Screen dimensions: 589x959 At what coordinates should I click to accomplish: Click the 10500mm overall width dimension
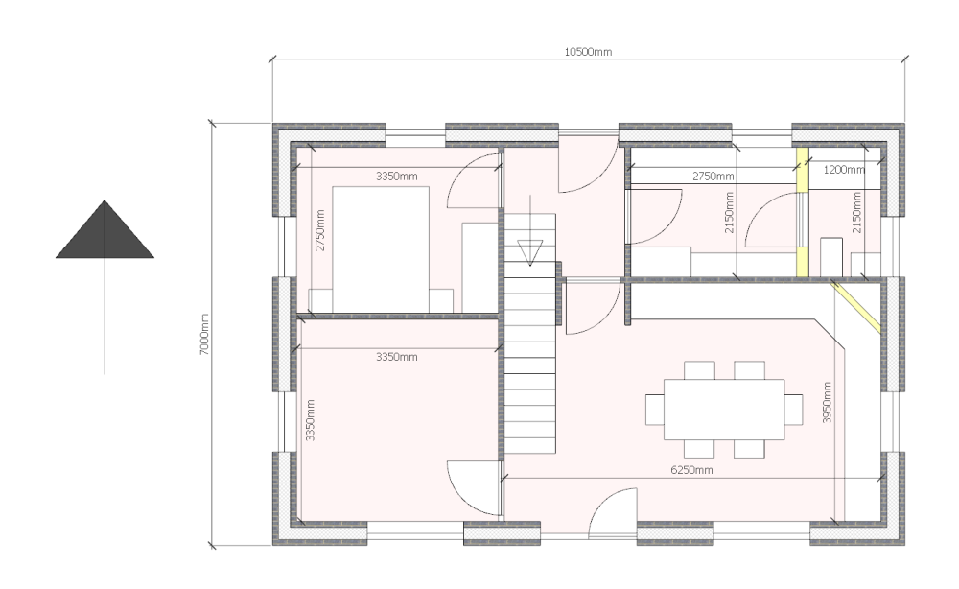pyautogui.click(x=588, y=52)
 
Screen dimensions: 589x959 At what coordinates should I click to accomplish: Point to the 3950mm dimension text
pyautogui.click(x=827, y=403)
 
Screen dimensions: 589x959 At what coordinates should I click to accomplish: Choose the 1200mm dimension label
pyautogui.click(x=844, y=170)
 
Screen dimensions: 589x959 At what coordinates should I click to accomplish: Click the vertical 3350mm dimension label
pyautogui.click(x=310, y=420)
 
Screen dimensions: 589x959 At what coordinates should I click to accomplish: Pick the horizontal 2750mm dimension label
pyautogui.click(x=713, y=177)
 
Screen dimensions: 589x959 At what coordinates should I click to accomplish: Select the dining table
pyautogui.click(x=724, y=409)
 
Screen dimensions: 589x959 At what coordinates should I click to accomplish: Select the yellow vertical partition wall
pyautogui.click(x=802, y=213)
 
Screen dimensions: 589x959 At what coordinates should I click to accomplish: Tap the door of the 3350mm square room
pyautogui.click(x=472, y=489)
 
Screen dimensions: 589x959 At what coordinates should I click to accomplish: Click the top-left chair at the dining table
pyautogui.click(x=699, y=371)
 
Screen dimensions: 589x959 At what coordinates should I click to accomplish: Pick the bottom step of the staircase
pyautogui.click(x=530, y=446)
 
